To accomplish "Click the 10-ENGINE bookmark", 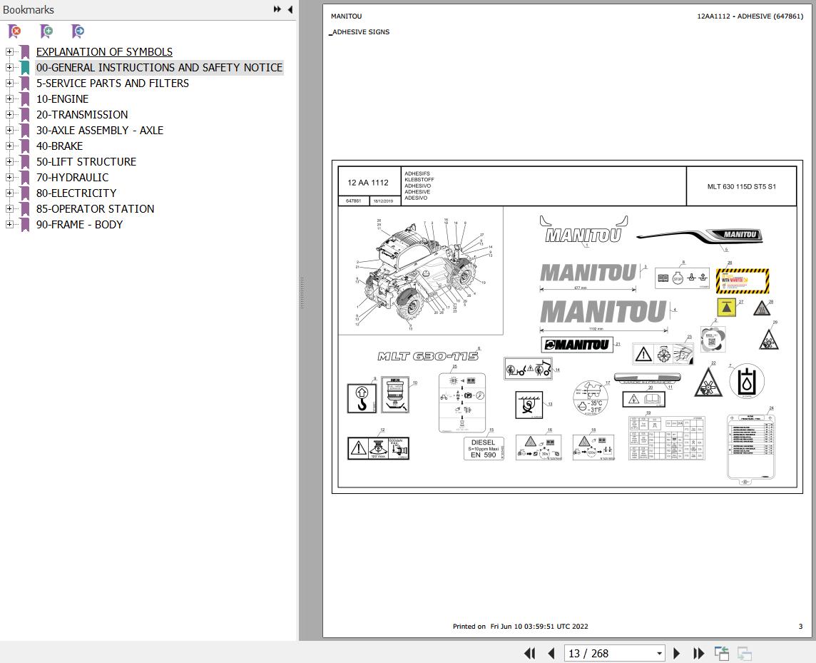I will point(62,98).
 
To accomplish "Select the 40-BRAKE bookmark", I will point(59,146).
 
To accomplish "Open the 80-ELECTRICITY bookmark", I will point(76,193).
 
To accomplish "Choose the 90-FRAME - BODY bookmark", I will point(79,224).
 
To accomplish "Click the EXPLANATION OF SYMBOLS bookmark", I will point(104,51).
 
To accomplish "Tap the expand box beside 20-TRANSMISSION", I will point(9,114).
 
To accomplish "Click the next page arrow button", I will point(677,653).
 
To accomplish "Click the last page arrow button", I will point(699,653).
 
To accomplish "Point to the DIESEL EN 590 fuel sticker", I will point(483,448).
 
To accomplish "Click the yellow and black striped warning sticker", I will point(742,281).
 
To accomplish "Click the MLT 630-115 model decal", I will point(427,356).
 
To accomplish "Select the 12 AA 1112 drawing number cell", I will point(368,183).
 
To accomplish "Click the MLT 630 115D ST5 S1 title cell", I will point(741,186).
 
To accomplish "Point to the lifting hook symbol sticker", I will point(362,398).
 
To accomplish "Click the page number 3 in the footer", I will point(800,627).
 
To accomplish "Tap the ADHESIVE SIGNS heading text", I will point(360,32).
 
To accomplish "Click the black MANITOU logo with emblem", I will point(576,345).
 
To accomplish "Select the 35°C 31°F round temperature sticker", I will point(591,398).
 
